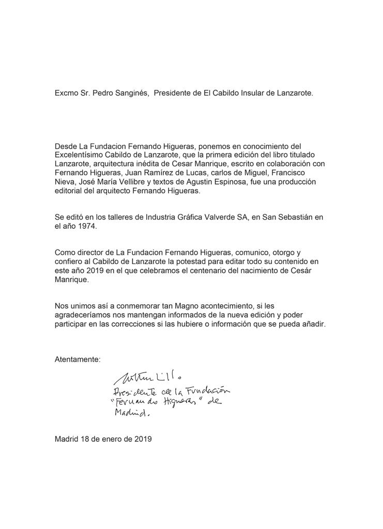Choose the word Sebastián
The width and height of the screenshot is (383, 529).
click(290, 218)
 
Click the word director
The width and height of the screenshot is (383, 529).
click(85, 252)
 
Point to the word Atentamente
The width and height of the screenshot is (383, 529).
click(78, 359)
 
